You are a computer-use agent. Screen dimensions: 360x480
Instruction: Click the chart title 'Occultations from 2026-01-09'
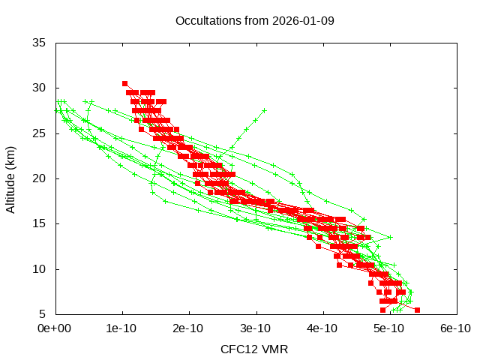[x=254, y=20]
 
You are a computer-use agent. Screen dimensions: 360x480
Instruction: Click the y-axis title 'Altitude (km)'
[x=10, y=178]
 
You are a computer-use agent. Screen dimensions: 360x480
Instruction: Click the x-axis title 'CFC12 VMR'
[x=254, y=349]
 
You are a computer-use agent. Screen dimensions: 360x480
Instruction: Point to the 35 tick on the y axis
[x=39, y=43]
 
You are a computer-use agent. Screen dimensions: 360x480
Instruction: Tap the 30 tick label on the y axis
[x=39, y=88]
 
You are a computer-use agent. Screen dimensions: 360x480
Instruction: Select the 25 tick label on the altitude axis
[x=39, y=133]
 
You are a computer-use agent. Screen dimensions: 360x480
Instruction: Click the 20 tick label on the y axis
[x=39, y=178]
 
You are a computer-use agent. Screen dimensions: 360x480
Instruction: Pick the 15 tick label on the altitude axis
[x=39, y=223]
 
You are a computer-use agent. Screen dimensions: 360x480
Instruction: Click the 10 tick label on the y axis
[x=39, y=268]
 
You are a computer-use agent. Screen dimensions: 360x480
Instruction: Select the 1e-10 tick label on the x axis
[x=121, y=328]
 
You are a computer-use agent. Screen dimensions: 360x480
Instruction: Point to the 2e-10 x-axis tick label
[x=189, y=328]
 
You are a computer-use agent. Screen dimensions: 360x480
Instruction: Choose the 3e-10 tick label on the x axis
[x=256, y=328]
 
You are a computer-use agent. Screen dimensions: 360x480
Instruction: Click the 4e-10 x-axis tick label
[x=323, y=328]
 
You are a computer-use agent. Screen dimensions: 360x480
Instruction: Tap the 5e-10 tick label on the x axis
[x=390, y=328]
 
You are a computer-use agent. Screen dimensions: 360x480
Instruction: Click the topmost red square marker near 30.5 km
[x=124, y=83]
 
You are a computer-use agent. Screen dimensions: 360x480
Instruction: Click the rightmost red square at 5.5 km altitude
[x=417, y=310]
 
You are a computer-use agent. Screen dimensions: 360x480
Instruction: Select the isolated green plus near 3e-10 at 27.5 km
[x=264, y=110]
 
